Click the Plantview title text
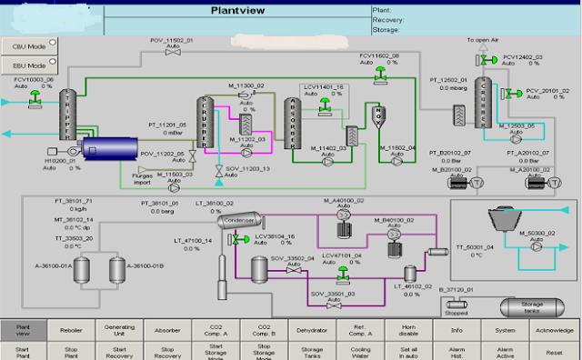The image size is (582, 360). pos(237,12)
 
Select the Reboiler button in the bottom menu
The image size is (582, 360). pos(71,330)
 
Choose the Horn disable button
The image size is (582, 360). pos(406,330)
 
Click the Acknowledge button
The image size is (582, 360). pos(553,330)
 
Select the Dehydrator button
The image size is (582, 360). pos(311,330)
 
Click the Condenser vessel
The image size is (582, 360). pos(240,220)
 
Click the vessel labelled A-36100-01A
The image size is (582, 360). pos(81,270)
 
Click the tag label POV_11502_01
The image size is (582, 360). pos(172,41)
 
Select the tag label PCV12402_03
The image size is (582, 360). pos(523,55)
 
